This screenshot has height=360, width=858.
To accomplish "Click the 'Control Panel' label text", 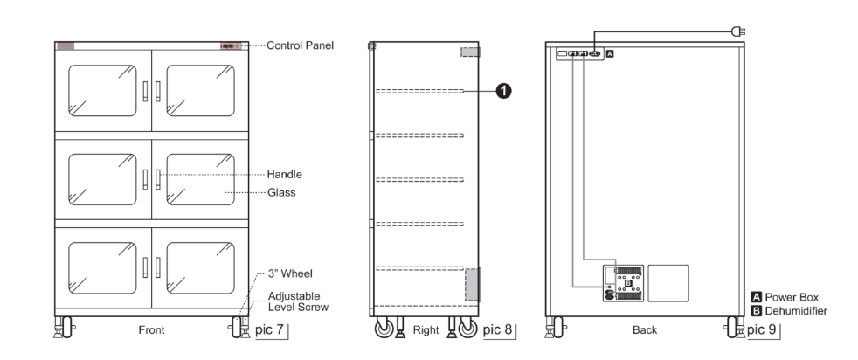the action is click(300, 45).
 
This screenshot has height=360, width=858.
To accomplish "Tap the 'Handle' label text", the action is click(285, 175).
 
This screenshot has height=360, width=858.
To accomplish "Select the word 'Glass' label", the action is click(281, 192).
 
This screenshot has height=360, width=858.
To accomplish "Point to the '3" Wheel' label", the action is click(291, 273).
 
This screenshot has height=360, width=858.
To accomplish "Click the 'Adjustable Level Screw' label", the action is click(298, 301).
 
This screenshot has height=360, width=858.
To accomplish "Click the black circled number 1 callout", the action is click(503, 91).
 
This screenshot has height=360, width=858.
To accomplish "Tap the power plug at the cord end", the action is click(738, 31).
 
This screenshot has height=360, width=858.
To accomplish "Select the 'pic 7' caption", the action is click(269, 329).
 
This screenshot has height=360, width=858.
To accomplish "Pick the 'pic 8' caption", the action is click(497, 329).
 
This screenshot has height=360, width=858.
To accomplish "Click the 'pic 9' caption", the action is click(762, 329).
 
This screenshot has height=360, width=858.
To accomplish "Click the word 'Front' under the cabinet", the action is click(151, 330).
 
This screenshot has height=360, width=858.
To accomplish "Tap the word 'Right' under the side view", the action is click(426, 330).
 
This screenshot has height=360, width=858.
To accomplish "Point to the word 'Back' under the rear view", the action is click(645, 330).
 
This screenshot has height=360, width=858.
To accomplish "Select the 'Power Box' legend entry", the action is click(785, 297).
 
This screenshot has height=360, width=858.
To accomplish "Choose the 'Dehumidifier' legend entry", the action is click(790, 311).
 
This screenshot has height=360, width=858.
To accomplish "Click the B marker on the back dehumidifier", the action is click(627, 283).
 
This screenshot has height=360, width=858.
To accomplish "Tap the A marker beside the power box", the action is click(611, 53).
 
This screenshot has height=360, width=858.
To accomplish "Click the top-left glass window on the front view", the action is click(102, 90).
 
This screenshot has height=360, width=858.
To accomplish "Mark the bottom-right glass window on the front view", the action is click(200, 268).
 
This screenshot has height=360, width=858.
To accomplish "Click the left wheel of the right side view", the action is click(384, 328).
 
